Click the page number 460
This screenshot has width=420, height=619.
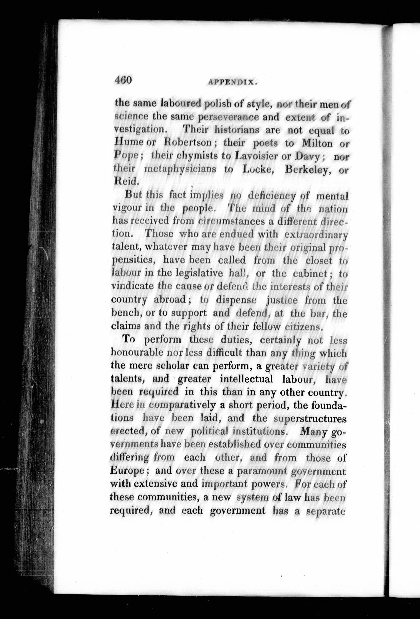[123, 80]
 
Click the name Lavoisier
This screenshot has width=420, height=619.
[257, 157]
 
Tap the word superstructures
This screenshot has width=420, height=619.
[310, 419]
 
